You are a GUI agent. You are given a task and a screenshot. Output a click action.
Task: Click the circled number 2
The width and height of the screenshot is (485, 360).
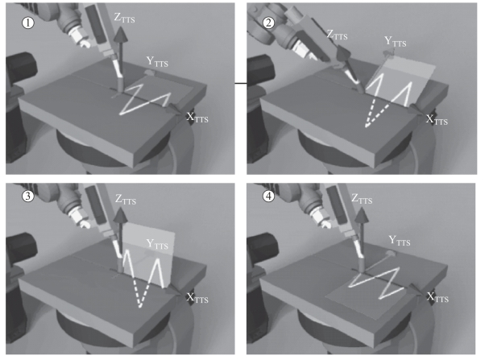click(268, 21)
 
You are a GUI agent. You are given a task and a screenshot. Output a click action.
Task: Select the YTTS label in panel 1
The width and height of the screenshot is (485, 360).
click(159, 60)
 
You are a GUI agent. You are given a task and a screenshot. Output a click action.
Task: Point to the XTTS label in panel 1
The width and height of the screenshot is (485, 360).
click(197, 119)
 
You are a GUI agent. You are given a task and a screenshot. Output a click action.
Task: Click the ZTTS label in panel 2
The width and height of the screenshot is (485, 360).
click(341, 36)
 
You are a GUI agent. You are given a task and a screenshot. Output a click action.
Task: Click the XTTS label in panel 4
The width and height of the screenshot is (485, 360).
click(437, 298)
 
